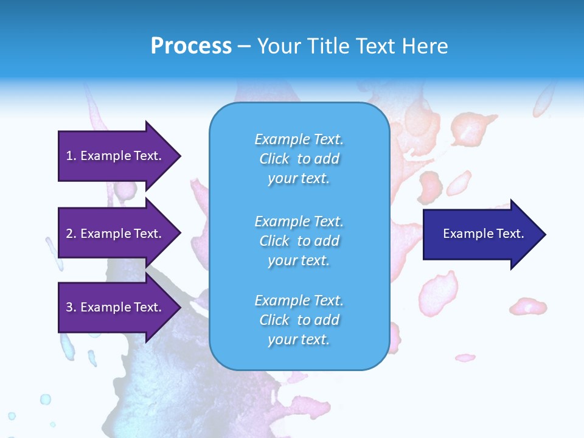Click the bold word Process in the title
(191, 46)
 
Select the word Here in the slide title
(424, 46)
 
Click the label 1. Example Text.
(113, 156)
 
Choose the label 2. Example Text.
(113, 234)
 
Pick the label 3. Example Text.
(113, 307)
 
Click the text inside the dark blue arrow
(483, 234)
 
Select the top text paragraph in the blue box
(299, 159)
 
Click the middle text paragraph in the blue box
(299, 241)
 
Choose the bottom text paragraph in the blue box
(299, 320)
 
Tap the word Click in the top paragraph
(274, 159)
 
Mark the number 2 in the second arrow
(69, 234)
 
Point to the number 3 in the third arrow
(69, 307)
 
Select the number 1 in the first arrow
(69, 156)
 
